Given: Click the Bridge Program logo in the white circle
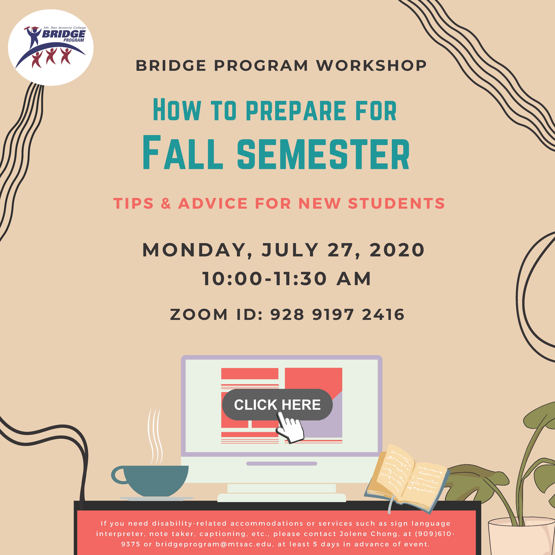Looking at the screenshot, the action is [x=51, y=47].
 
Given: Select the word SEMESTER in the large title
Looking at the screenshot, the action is [x=323, y=154].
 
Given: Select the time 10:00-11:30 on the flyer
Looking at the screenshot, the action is [x=265, y=279].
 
